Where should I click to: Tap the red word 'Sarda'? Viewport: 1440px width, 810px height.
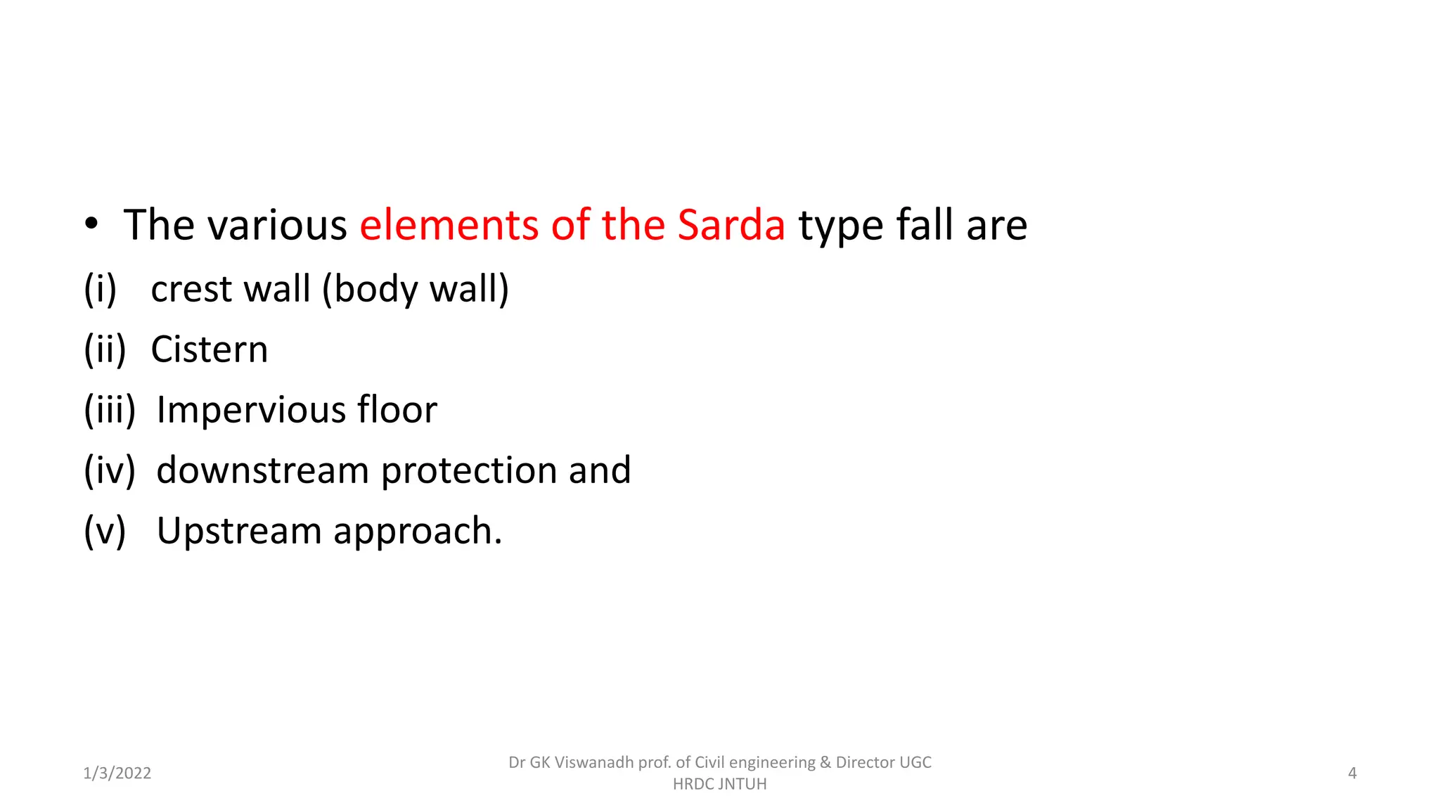click(x=731, y=225)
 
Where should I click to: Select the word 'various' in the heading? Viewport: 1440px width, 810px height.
click(x=277, y=225)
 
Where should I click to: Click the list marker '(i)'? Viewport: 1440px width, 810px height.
click(x=100, y=289)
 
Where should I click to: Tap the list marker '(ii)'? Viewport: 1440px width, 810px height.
click(x=105, y=349)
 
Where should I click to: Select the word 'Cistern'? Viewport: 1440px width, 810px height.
click(x=210, y=349)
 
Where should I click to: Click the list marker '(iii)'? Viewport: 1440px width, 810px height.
click(x=110, y=410)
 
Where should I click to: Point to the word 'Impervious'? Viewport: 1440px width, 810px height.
click(x=250, y=410)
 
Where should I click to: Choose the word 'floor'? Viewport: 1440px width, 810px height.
click(x=397, y=410)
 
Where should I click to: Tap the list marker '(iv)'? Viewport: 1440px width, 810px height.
click(x=110, y=470)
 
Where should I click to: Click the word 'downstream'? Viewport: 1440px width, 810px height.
click(x=262, y=470)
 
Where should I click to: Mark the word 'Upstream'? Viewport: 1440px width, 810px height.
click(x=238, y=531)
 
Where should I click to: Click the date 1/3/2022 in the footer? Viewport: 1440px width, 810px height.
click(x=117, y=773)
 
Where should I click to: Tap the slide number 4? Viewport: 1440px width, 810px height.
click(x=1352, y=773)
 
